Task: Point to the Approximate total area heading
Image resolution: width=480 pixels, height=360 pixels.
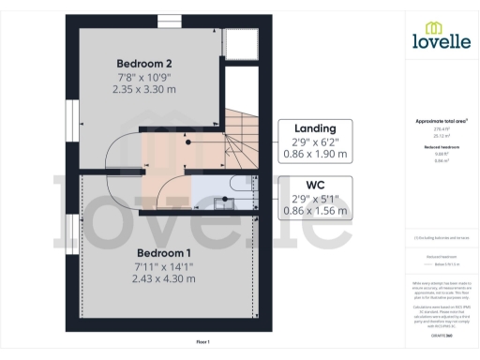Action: point(441,121)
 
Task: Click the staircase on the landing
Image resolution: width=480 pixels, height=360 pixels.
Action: point(242,136)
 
